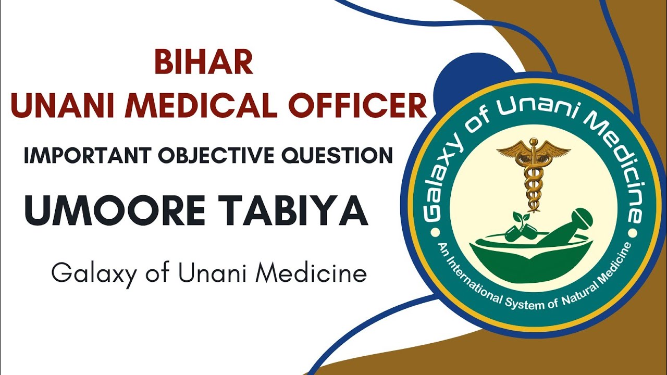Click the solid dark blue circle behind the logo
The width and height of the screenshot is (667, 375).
tap(459, 83)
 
